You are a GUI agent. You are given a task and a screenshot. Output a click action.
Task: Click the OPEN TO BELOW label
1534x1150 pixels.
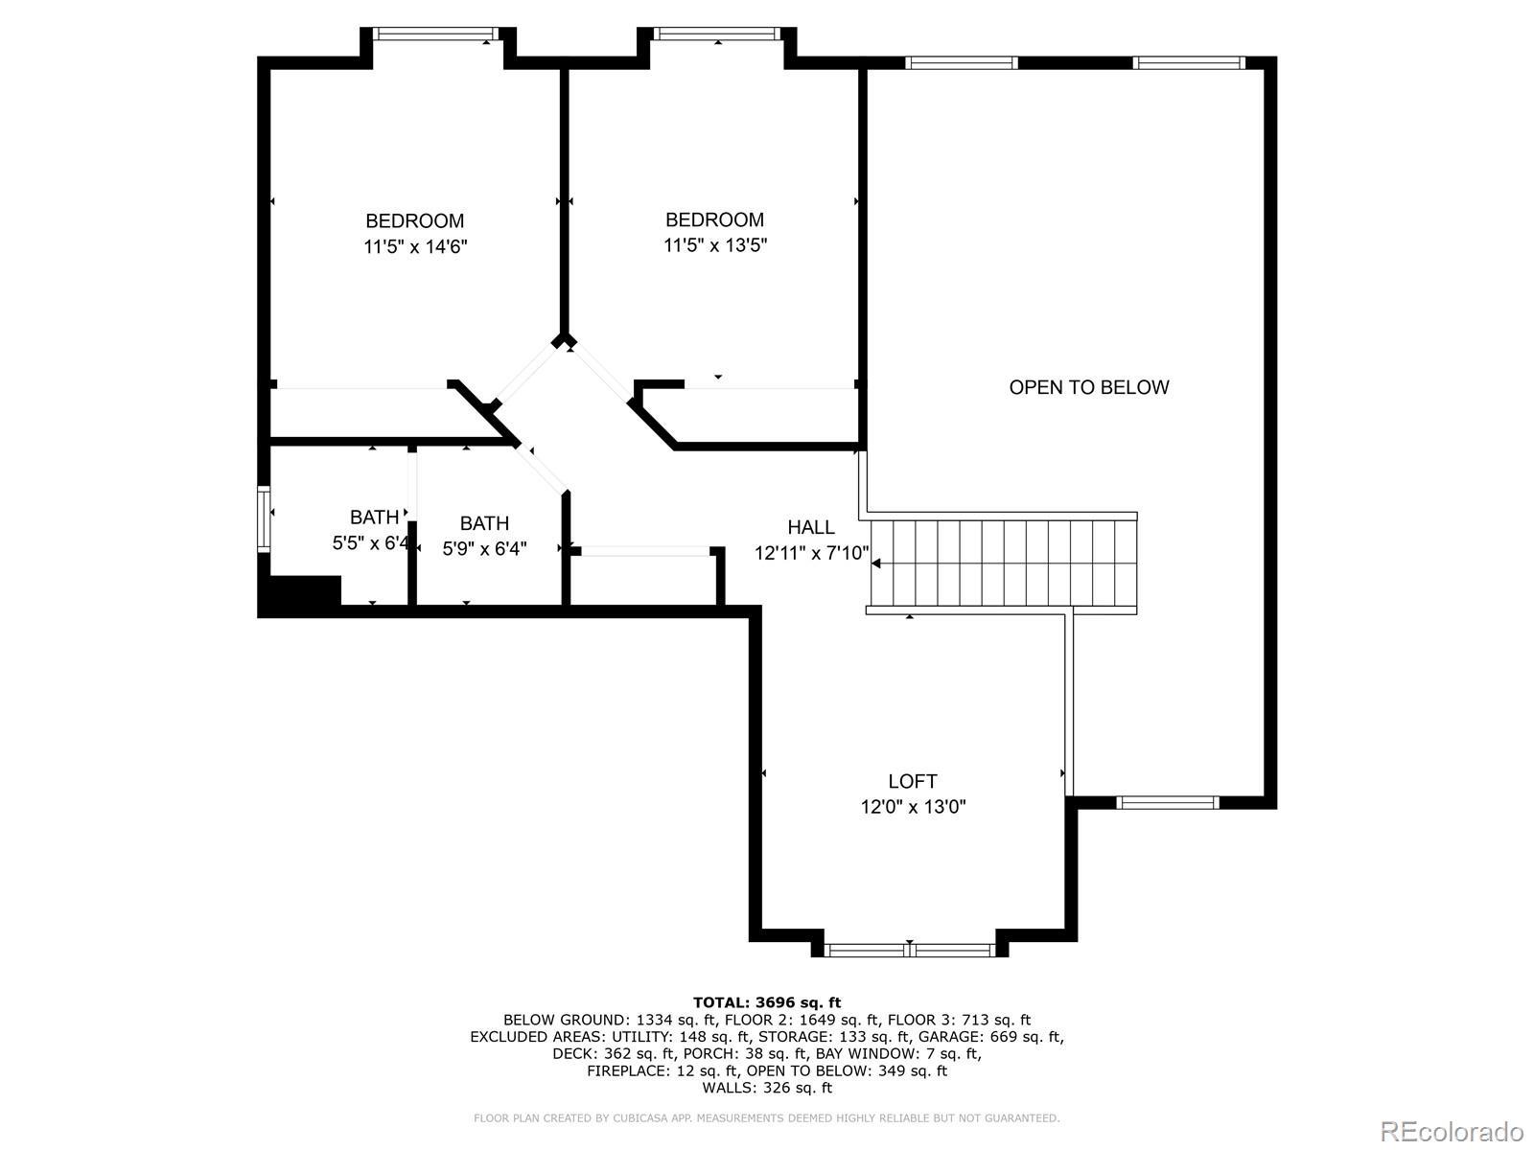1088,387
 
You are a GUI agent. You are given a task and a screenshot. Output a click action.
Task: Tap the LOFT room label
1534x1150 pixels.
913,781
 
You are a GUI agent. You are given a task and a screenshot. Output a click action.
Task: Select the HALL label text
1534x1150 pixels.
811,527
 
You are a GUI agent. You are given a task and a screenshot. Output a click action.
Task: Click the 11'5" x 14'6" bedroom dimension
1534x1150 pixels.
415,246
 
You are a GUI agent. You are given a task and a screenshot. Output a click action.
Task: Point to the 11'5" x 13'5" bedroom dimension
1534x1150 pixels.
715,245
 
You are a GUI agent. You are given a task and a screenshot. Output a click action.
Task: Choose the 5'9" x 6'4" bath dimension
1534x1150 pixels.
484,549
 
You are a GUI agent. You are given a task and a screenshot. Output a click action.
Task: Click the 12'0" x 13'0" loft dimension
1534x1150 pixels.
913,807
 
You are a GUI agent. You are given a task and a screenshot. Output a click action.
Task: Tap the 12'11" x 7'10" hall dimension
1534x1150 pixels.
811,554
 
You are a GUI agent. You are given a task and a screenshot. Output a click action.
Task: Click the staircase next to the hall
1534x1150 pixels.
1003,563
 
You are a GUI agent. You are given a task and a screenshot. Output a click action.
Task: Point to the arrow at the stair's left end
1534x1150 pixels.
875,563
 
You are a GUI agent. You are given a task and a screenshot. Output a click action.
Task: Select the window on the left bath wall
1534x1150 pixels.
264,518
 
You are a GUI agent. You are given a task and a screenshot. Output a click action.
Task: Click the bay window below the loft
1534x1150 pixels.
909,950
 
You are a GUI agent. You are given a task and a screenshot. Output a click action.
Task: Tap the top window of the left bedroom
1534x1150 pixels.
436,34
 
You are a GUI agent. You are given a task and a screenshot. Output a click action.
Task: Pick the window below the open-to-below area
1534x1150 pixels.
1167,803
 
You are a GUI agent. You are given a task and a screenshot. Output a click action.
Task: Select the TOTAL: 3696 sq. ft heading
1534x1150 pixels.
767,1003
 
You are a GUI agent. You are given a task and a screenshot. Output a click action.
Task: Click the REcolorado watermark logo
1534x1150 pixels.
1453,1131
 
